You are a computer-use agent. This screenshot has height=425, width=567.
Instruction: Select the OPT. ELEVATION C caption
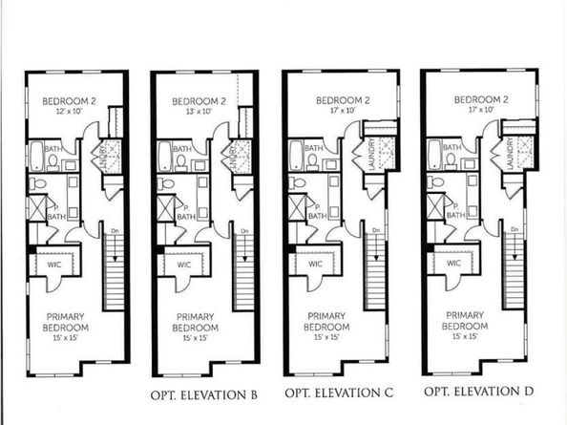tap(342, 393)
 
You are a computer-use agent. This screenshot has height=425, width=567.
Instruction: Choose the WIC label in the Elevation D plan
tap(453, 263)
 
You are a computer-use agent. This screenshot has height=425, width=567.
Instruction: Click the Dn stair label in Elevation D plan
tap(515, 232)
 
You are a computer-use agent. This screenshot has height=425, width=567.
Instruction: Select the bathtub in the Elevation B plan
tap(165, 154)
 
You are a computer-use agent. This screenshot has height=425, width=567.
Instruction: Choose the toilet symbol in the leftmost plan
tap(35, 183)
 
